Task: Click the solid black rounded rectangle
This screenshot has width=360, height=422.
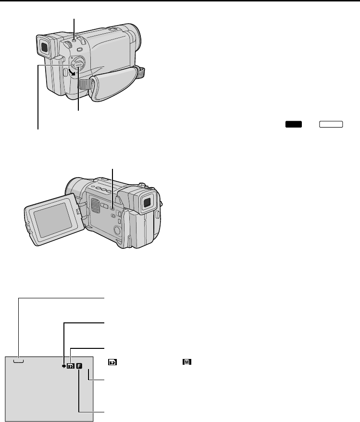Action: (294, 124)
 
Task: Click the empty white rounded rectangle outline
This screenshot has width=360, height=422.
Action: (331, 124)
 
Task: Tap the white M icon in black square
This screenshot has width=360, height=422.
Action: (187, 362)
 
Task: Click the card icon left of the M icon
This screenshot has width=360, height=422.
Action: (112, 362)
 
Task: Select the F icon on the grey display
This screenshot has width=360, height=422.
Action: (79, 366)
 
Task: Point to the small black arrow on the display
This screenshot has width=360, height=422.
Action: (64, 366)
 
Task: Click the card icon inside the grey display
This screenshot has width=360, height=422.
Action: (71, 366)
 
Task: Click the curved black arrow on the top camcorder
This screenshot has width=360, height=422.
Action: (72, 72)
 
